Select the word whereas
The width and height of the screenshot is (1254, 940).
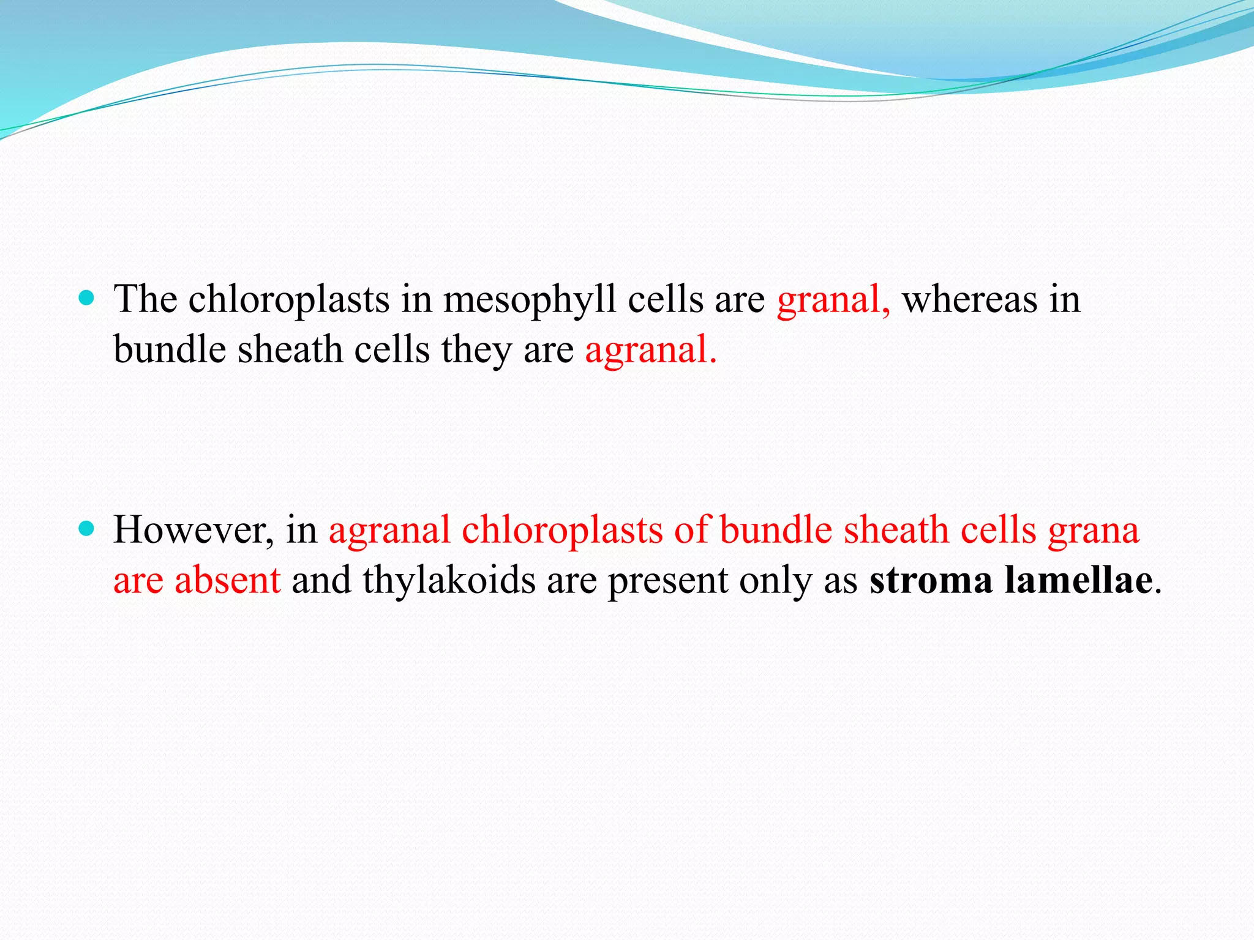[x=970, y=301]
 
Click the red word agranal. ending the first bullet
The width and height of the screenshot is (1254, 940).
[x=650, y=351]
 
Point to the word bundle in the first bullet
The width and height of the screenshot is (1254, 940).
[x=170, y=350]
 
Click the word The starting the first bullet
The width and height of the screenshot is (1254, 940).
[x=145, y=300]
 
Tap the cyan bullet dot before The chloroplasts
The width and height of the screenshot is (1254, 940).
[x=87, y=299]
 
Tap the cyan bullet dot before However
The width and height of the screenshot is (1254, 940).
[x=87, y=528]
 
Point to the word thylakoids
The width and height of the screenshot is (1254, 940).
[x=449, y=581]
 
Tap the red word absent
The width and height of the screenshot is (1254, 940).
[x=227, y=581]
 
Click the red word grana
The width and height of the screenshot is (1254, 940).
[x=1094, y=531]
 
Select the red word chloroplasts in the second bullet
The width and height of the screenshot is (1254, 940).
[x=561, y=531]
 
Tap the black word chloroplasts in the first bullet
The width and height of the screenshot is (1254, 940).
[x=288, y=301]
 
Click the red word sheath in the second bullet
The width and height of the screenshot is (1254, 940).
[x=896, y=529]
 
